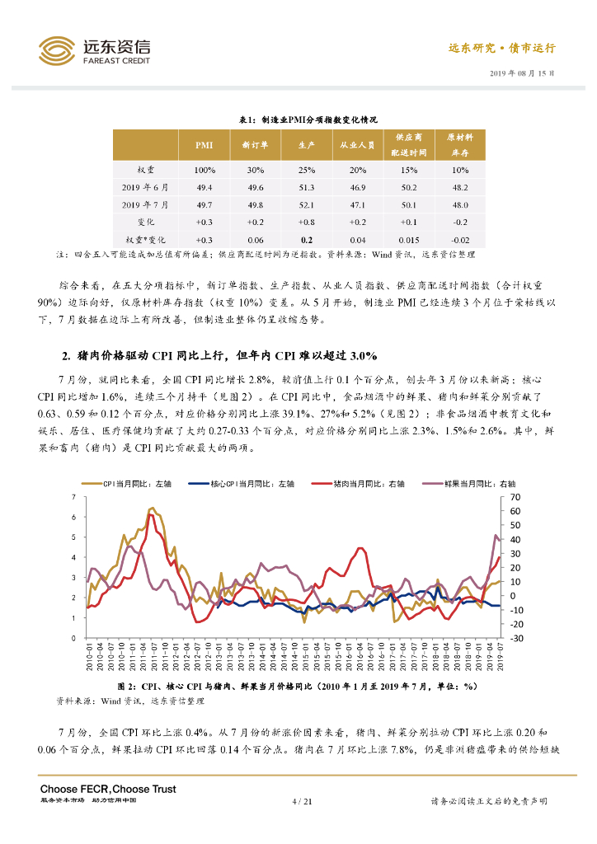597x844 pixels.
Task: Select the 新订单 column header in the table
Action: coord(255,145)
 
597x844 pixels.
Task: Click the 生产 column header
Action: coord(306,145)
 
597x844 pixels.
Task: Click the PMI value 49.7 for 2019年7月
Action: coord(204,204)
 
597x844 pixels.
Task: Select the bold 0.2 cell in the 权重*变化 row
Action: coord(306,239)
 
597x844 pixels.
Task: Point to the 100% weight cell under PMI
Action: coord(204,171)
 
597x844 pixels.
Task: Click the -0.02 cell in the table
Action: coord(459,239)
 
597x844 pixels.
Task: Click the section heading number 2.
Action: coord(67,356)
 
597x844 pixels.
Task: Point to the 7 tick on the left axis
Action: coord(73,497)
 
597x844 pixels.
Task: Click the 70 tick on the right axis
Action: coord(516,498)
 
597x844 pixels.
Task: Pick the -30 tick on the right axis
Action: coord(516,639)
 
